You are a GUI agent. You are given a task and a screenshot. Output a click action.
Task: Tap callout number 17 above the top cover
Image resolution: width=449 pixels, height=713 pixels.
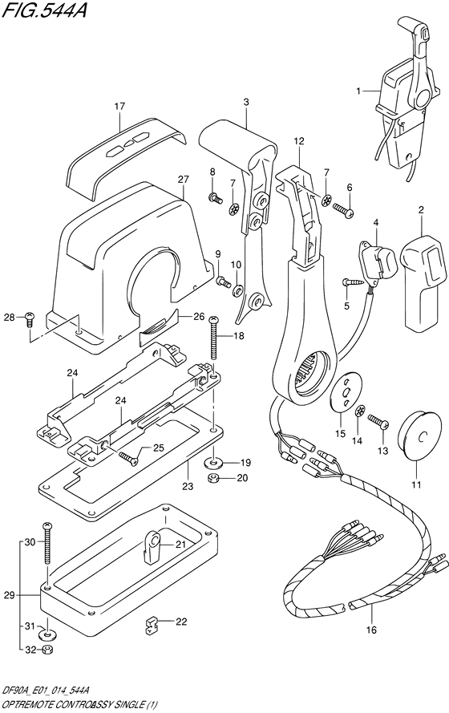tap(119, 106)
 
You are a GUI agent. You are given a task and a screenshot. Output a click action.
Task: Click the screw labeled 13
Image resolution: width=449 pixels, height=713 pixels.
tap(377, 421)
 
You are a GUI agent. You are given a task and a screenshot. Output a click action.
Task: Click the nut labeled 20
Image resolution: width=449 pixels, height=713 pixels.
tap(214, 479)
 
